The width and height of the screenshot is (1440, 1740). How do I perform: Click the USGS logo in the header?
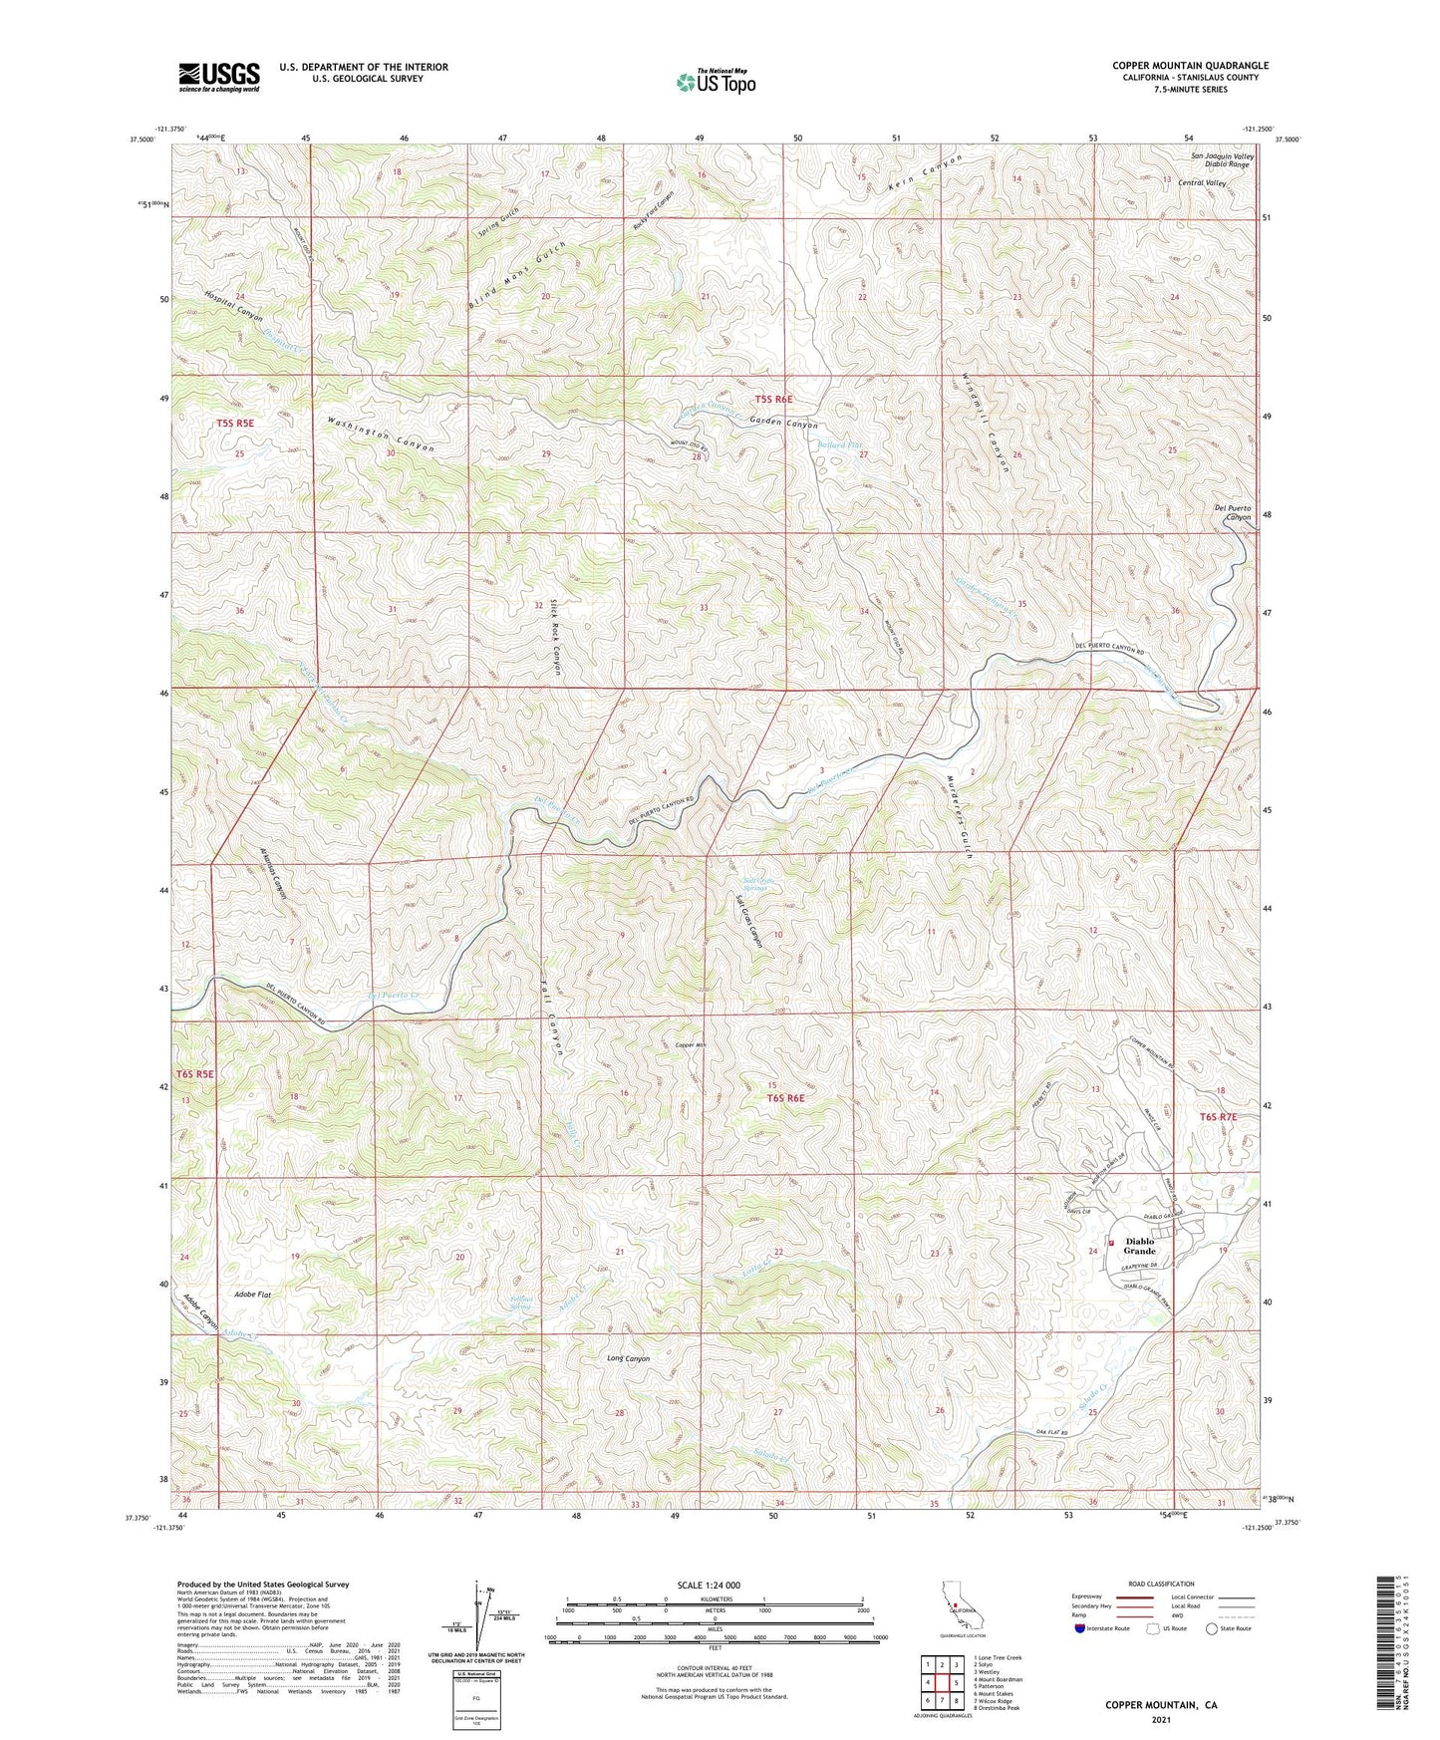[x=218, y=76]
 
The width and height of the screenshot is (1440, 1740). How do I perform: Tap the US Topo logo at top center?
[x=716, y=82]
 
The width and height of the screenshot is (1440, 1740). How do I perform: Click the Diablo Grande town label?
[x=1140, y=1246]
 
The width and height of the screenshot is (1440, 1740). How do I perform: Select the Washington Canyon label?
[x=381, y=435]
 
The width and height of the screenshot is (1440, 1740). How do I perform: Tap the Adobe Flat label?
[x=253, y=1294]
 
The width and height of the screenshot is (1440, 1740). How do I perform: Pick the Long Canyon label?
[x=628, y=1358]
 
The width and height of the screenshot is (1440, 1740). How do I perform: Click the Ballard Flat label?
[x=839, y=445]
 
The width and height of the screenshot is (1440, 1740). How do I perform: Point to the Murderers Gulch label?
[x=955, y=815]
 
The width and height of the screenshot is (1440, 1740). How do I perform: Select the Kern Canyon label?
[x=926, y=171]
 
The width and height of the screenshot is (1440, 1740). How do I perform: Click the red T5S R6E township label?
[x=773, y=399]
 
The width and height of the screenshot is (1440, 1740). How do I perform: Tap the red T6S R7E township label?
[x=1217, y=1117]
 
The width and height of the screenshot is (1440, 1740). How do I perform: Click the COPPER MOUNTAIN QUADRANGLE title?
[x=1190, y=66]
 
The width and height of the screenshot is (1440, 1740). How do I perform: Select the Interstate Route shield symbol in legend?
[x=1079, y=1628]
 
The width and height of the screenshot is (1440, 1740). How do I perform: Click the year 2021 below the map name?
[x=1160, y=1720]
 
